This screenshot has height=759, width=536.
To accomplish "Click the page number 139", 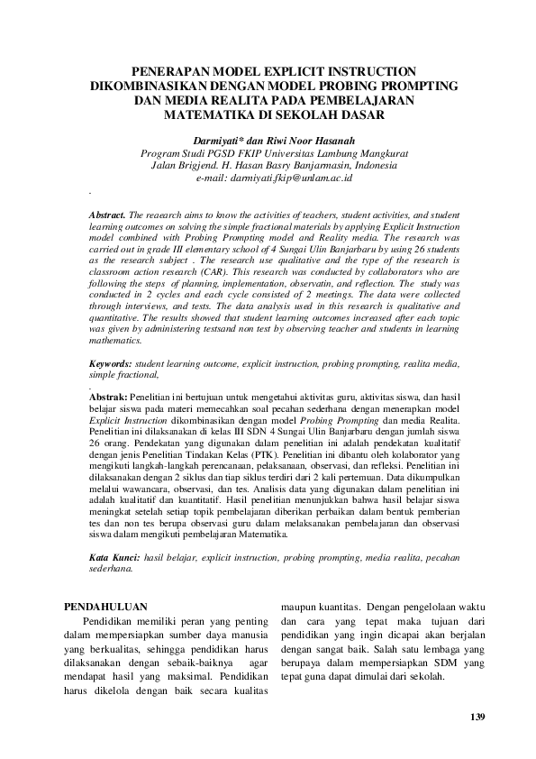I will tap(477, 717).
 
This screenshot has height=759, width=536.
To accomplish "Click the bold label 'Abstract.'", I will tap(107, 217).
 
